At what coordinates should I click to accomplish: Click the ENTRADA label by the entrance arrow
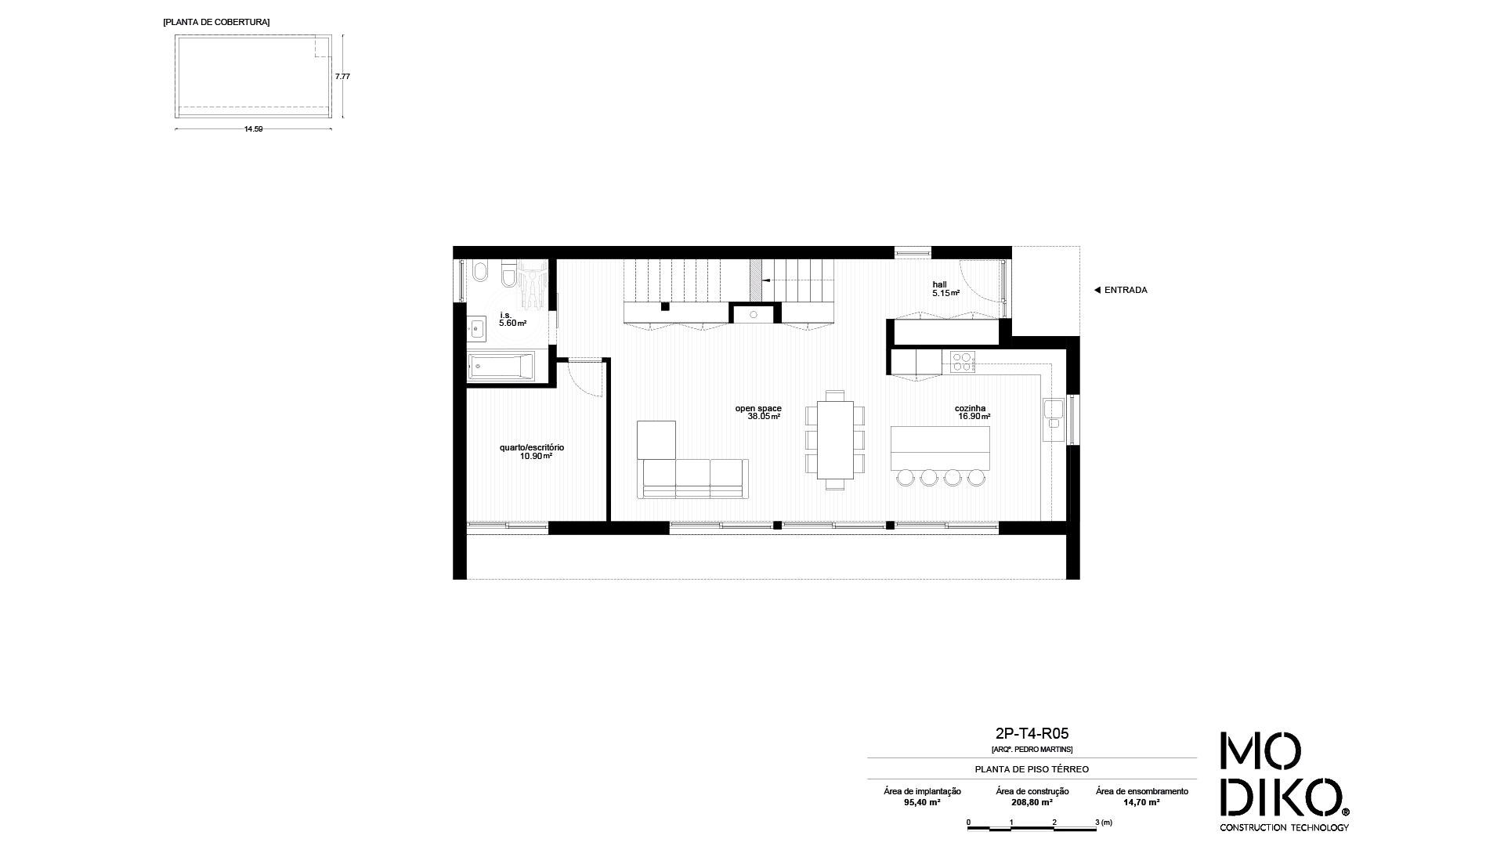coord(1126,290)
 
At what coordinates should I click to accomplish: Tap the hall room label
coord(939,284)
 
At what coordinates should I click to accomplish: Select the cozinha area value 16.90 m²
coord(974,417)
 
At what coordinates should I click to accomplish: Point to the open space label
coord(758,408)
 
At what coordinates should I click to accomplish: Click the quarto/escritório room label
coord(532,447)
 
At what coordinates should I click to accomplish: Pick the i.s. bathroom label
coord(505,315)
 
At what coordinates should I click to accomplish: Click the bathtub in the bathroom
coord(501,367)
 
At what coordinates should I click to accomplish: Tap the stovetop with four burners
coord(963,361)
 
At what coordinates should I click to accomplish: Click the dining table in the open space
coord(835,439)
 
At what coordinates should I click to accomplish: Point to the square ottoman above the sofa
coord(656,439)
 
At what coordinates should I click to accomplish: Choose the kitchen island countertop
coord(940,449)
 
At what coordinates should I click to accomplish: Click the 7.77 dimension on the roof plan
coord(342,77)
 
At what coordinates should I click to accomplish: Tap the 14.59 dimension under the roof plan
coord(253,129)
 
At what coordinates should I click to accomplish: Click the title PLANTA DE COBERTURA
coord(216,22)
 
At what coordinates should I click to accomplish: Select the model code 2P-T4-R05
coord(1032,734)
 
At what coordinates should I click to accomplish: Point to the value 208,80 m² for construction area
coord(1032,802)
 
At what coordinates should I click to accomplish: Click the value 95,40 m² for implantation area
coord(922,802)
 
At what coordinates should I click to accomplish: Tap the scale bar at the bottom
coord(1032,827)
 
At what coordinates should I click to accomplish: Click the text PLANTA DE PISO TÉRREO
coord(1032,769)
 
